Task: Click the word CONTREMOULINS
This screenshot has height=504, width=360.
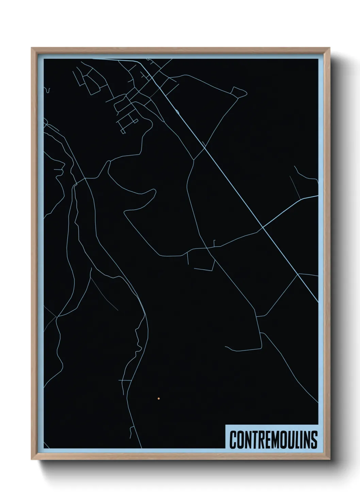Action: tap(273, 440)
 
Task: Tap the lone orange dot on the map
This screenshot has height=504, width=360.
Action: tap(159, 398)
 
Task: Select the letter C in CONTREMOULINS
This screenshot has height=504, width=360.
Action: tap(233, 440)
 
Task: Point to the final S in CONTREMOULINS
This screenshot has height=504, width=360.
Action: tap(314, 440)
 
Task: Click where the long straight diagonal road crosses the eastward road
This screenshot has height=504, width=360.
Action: tap(263, 228)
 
